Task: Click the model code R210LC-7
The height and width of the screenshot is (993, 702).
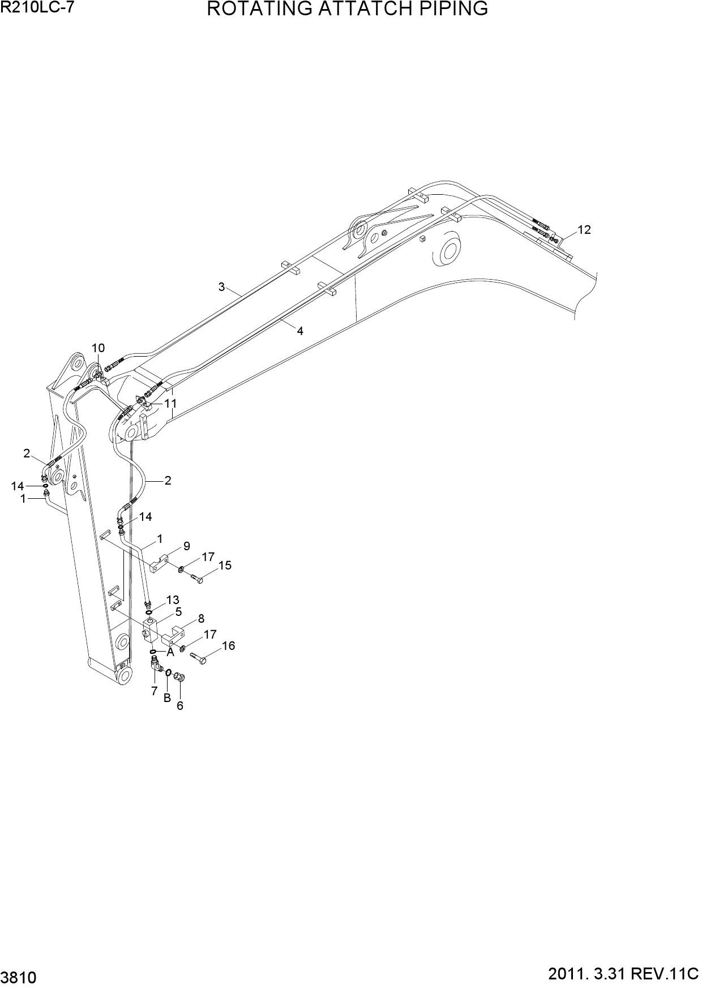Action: click(x=37, y=7)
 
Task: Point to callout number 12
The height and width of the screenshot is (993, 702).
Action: click(x=584, y=229)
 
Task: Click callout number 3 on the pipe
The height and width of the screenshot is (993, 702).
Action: click(x=222, y=286)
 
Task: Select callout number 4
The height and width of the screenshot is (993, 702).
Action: click(x=300, y=331)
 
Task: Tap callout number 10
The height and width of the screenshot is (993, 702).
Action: click(x=98, y=348)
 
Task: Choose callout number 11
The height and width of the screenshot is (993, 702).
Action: click(x=170, y=403)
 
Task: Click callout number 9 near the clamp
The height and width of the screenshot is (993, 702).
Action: click(x=186, y=546)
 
